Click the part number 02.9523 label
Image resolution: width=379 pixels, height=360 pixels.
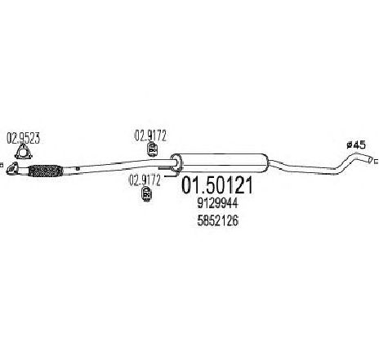pyautogui.click(x=24, y=139)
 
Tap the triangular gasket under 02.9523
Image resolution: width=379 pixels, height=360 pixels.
pyautogui.click(x=24, y=152)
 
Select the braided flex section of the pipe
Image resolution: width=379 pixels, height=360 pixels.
pyautogui.click(x=46, y=171)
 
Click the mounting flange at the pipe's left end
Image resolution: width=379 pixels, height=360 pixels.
pyautogui.click(x=11, y=168)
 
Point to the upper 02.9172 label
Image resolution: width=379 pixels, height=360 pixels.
pyautogui.click(x=150, y=136)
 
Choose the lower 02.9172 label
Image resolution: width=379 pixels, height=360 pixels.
pyautogui.click(x=145, y=180)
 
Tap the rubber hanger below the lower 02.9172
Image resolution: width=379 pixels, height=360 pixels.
pyautogui.click(x=147, y=194)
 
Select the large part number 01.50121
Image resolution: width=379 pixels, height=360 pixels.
pyautogui.click(x=217, y=185)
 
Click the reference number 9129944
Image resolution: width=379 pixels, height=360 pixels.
pyautogui.click(x=218, y=203)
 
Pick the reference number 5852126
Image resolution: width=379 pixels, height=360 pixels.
pyautogui.click(x=218, y=221)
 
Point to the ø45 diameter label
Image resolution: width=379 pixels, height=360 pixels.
pyautogui.click(x=356, y=145)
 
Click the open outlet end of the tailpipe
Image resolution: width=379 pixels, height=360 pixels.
pyautogui.click(x=370, y=159)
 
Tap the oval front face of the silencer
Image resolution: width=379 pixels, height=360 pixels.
pyautogui.click(x=176, y=163)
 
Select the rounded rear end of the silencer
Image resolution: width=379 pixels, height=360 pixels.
pyautogui.click(x=266, y=162)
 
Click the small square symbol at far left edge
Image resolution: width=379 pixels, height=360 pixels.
pyautogui.click(x=1, y=165)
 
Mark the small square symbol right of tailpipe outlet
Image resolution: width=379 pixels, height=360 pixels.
pyautogui.click(x=377, y=162)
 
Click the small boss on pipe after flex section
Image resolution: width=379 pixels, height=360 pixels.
pyautogui.click(x=78, y=169)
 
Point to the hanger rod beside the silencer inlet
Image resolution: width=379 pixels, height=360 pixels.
pyautogui.click(x=165, y=168)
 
